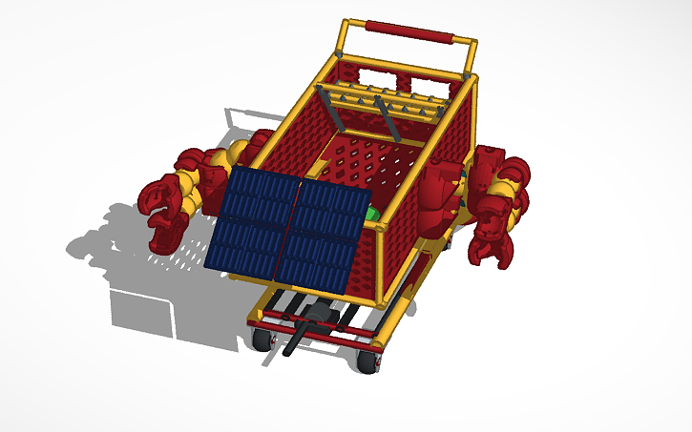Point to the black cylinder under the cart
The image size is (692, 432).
[304, 329]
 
